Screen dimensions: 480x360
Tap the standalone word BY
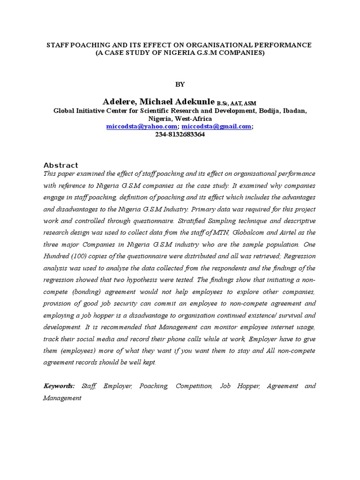click(180, 84)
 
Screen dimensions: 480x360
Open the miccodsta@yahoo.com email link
click(142, 127)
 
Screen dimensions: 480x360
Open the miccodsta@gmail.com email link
click(216, 127)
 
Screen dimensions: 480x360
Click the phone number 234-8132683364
click(180, 134)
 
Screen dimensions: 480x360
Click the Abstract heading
click(60, 165)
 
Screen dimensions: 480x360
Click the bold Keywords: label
click(59, 386)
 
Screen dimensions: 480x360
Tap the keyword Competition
click(194, 386)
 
